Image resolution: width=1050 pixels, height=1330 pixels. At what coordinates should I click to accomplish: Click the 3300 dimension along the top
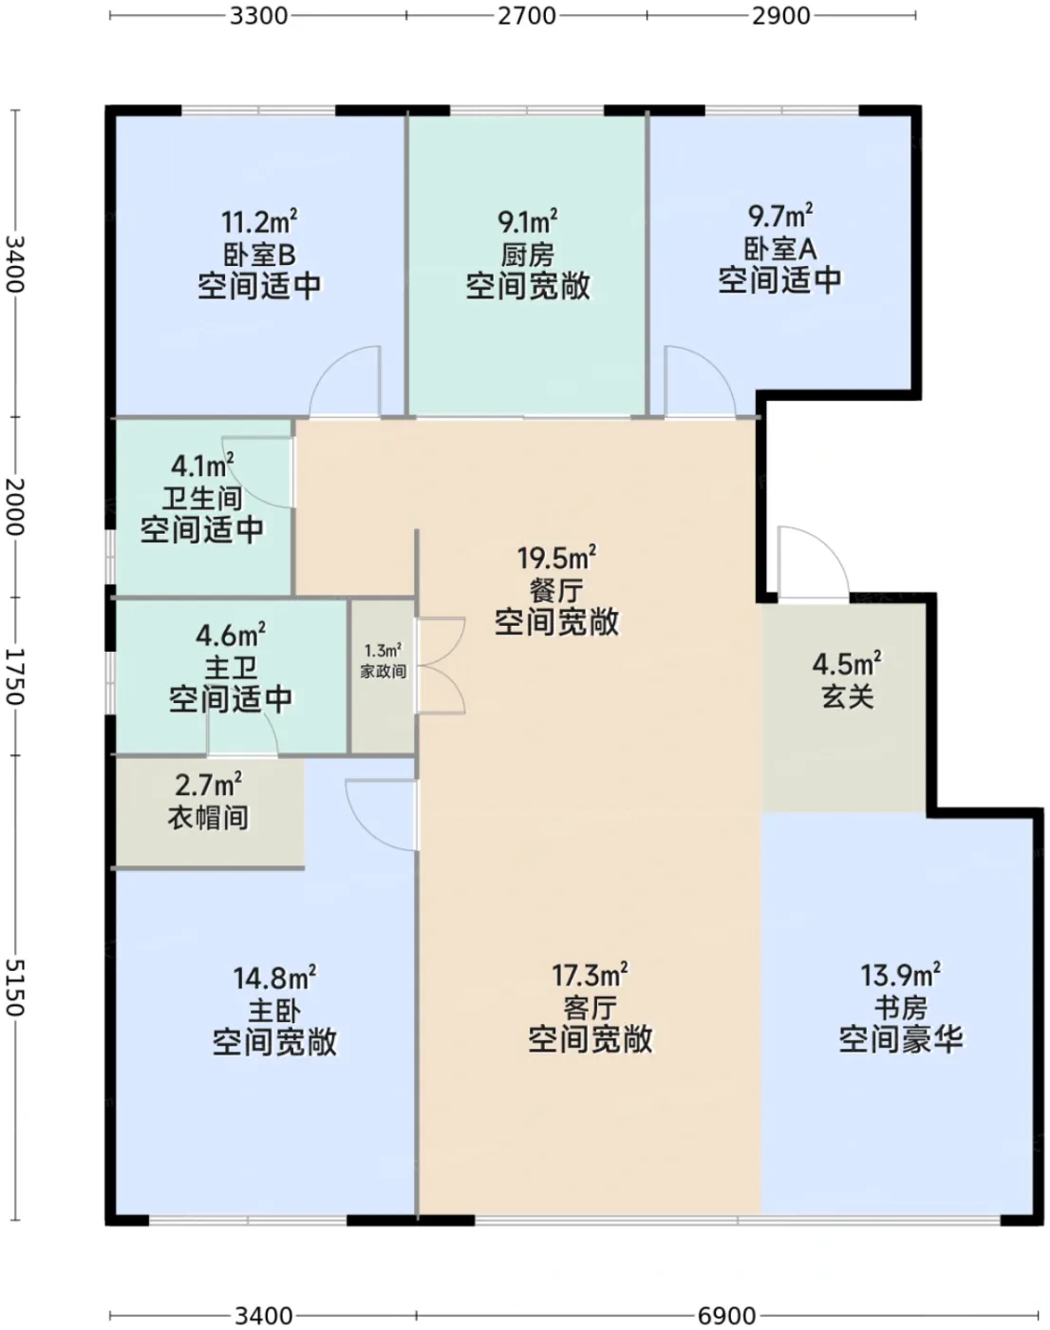(259, 15)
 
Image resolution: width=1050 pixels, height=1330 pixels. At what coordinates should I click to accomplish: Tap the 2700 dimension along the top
(527, 15)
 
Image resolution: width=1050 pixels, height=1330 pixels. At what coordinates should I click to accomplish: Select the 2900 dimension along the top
(780, 15)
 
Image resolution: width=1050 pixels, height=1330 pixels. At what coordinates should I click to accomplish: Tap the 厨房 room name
(528, 255)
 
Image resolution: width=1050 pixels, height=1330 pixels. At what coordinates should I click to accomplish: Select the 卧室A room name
(780, 249)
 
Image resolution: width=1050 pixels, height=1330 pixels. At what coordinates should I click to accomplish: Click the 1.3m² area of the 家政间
(383, 651)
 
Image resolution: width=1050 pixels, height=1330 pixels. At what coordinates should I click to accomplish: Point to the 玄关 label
(848, 697)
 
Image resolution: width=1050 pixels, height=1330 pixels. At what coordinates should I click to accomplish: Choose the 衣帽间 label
(208, 818)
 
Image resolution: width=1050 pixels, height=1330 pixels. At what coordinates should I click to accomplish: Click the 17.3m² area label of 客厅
(590, 976)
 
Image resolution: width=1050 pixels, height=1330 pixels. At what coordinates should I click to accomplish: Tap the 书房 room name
(901, 1009)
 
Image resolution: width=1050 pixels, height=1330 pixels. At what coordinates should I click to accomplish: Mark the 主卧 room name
(275, 1011)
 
